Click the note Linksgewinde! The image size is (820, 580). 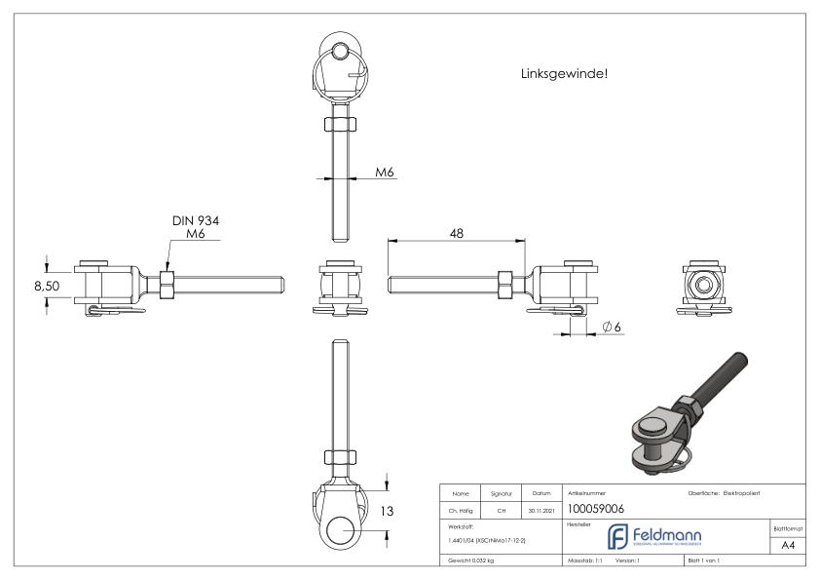(x=565, y=73)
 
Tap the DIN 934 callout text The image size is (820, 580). (x=196, y=221)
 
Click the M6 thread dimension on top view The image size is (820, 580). (x=386, y=173)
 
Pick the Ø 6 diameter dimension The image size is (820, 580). (x=612, y=328)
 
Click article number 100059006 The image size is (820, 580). (x=596, y=507)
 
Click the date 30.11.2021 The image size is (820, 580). (x=542, y=508)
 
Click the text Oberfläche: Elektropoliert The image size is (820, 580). (x=727, y=493)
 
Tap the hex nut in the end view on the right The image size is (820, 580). (x=701, y=284)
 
